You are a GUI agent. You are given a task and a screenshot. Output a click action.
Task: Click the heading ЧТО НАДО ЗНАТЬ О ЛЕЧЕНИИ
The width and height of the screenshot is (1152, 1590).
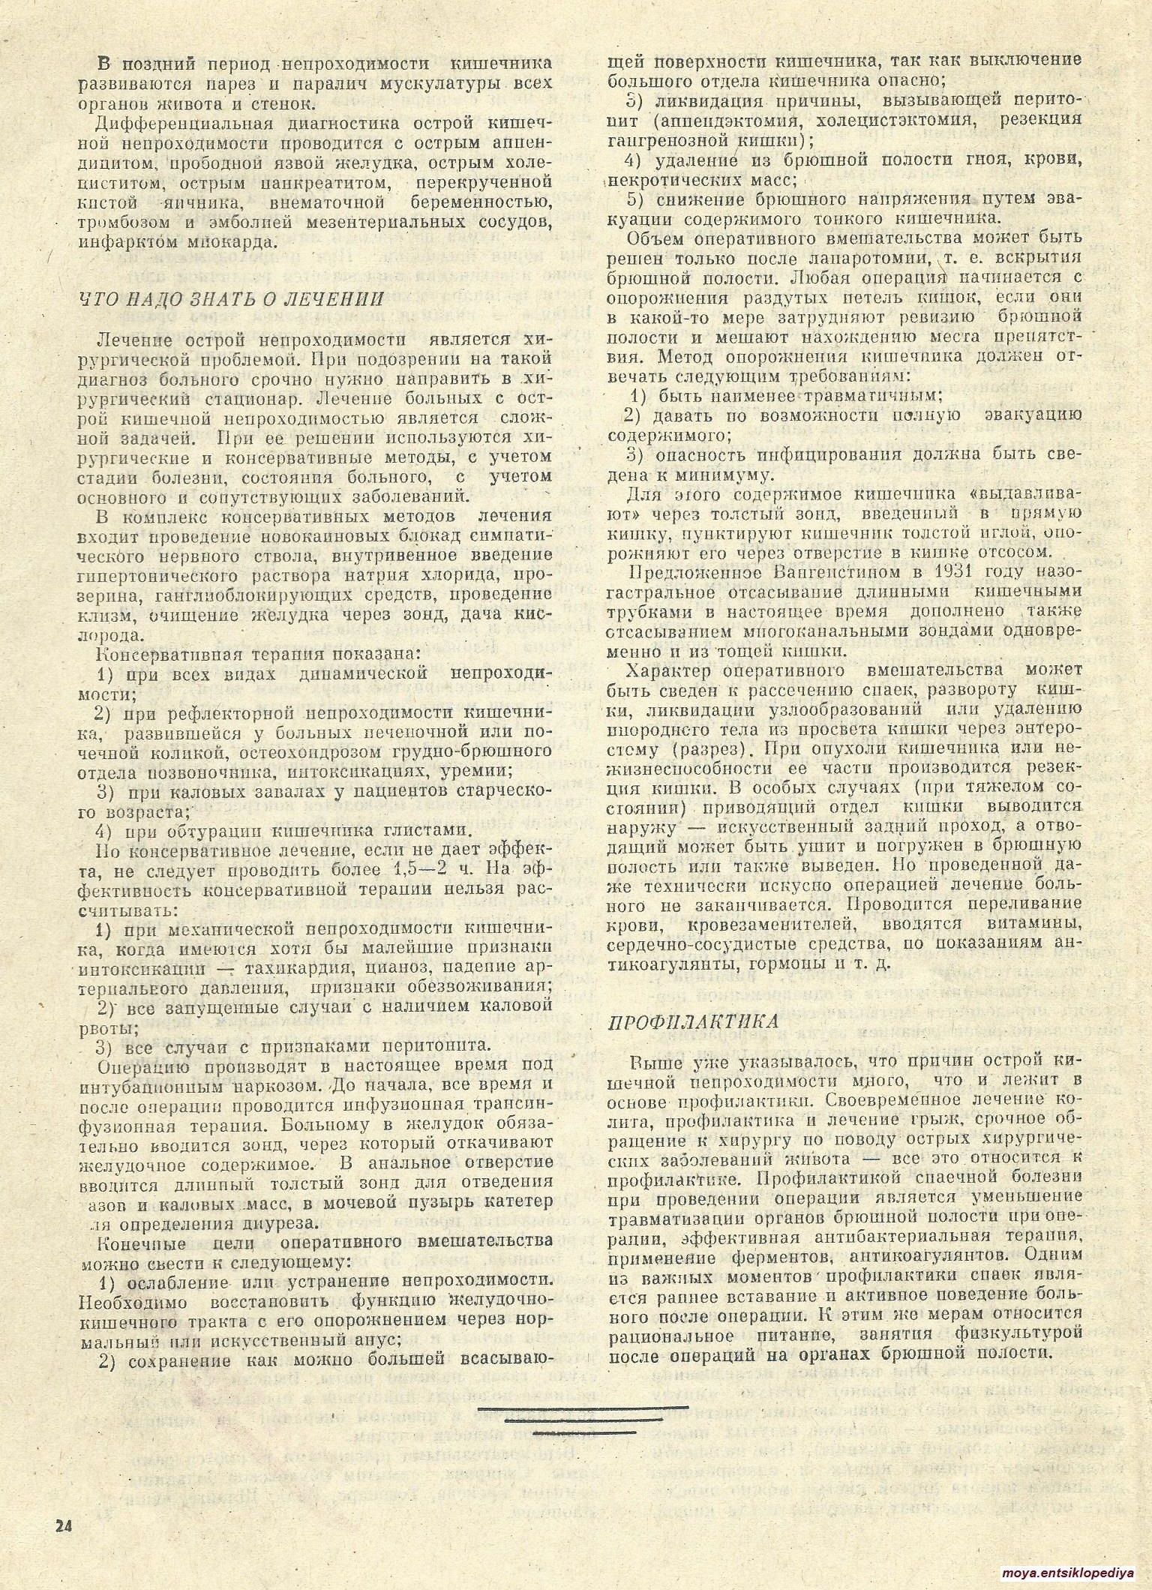(x=231, y=299)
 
